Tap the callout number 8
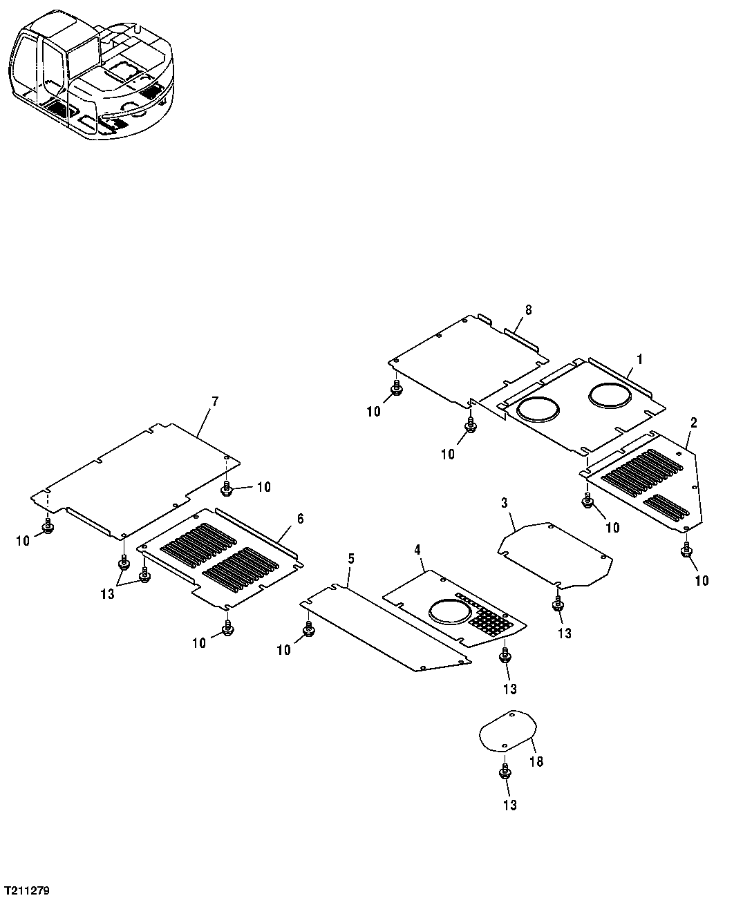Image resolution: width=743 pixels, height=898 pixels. click(x=529, y=311)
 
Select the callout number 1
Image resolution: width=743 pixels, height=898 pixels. click(x=640, y=359)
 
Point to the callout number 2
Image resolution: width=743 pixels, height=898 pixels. click(x=693, y=423)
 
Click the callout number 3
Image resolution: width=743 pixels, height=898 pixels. click(x=505, y=501)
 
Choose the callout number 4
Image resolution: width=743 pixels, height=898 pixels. click(x=417, y=549)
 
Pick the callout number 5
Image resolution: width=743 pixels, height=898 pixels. click(x=351, y=558)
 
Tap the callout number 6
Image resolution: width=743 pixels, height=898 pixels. click(x=300, y=519)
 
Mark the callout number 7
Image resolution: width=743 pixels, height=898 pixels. click(x=214, y=401)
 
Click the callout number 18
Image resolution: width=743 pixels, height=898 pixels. click(x=536, y=761)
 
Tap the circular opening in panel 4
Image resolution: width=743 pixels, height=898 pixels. click(x=449, y=610)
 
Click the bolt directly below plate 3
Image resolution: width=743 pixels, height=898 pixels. click(x=556, y=604)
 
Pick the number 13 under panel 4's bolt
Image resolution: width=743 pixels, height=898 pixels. click(x=509, y=689)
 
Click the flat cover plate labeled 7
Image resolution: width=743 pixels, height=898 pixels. click(x=138, y=477)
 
